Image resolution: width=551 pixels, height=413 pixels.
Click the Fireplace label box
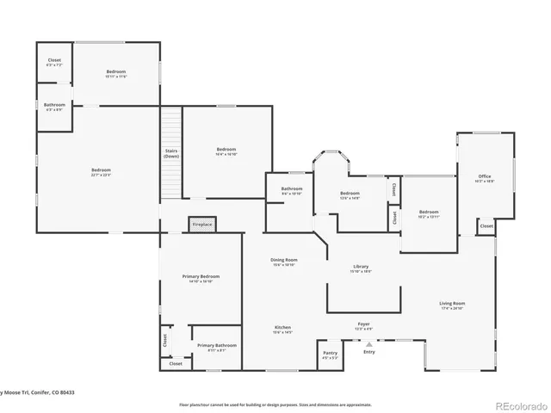(201, 224)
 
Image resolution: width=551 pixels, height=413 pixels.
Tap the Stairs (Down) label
(171, 154)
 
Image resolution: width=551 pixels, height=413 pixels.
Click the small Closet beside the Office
(486, 226)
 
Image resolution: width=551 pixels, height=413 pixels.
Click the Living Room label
(452, 305)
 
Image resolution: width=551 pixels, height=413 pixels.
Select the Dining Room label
(284, 262)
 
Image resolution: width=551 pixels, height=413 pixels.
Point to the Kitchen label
(283, 329)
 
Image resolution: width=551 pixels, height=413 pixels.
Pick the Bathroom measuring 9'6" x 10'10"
(291, 191)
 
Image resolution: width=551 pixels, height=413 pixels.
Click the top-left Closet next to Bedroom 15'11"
(53, 62)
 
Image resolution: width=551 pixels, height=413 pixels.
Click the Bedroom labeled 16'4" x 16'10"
(226, 151)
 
